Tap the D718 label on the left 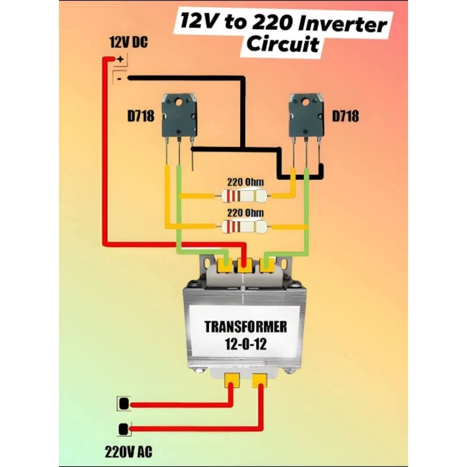pyautogui.click(x=140, y=116)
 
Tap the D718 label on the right pyautogui.click(x=345, y=116)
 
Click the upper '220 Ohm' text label pyautogui.click(x=245, y=182)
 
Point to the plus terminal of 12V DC pyautogui.click(x=120, y=59)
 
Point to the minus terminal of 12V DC pyautogui.click(x=120, y=77)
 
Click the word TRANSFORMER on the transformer pyautogui.click(x=245, y=326)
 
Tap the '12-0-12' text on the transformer pyautogui.click(x=245, y=344)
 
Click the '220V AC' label pyautogui.click(x=128, y=451)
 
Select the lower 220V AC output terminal pyautogui.click(x=124, y=429)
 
